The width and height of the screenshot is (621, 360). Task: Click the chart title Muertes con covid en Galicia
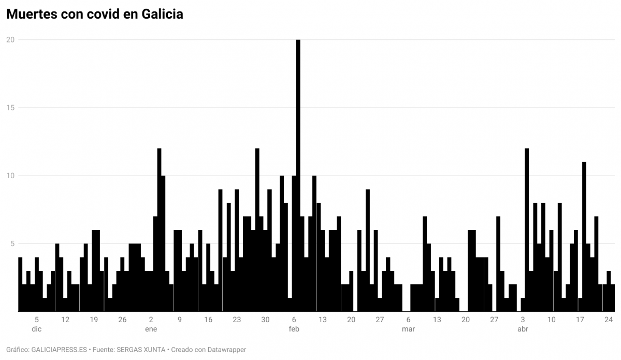(x=94, y=15)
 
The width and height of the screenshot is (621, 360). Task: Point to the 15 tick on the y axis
(x=10, y=108)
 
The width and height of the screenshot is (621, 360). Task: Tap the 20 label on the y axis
(x=10, y=40)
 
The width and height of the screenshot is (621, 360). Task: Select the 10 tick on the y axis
(x=10, y=176)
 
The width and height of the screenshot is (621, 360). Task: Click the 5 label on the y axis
(x=12, y=243)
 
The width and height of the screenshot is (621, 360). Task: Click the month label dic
(x=37, y=329)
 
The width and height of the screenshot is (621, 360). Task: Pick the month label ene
(x=151, y=329)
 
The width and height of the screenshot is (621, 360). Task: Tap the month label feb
(x=294, y=329)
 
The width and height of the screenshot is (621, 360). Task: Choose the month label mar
(x=408, y=329)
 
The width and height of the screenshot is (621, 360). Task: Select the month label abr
(x=523, y=329)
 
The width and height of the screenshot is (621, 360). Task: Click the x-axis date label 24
(x=609, y=320)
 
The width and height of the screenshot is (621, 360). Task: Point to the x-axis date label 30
(x=265, y=320)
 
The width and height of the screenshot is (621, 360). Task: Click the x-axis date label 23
(x=237, y=320)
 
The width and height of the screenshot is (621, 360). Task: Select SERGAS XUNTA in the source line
(x=141, y=350)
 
